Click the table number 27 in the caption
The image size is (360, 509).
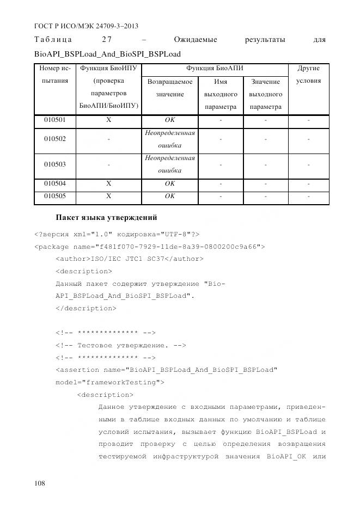pyautogui.click(x=107, y=40)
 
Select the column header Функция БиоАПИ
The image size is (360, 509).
pyautogui.click(x=215, y=69)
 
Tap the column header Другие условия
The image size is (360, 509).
pyautogui.click(x=308, y=75)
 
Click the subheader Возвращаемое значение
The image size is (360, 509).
pyautogui.click(x=170, y=88)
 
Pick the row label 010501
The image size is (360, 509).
pyautogui.click(x=54, y=119)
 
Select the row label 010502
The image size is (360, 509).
pyautogui.click(x=54, y=139)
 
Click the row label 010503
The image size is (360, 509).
pyautogui.click(x=54, y=164)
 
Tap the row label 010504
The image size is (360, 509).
pyautogui.click(x=54, y=183)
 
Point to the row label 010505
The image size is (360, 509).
pyautogui.click(x=54, y=196)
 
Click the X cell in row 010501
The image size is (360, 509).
pyautogui.click(x=109, y=119)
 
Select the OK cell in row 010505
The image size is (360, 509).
pyautogui.click(x=170, y=196)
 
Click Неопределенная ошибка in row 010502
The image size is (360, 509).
pyautogui.click(x=170, y=139)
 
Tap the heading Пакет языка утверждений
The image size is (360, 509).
pyautogui.click(x=107, y=218)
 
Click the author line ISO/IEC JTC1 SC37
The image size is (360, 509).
pyautogui.click(x=130, y=259)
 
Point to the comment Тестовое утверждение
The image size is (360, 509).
pyautogui.click(x=121, y=345)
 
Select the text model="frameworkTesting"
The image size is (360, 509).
pyautogui.click(x=110, y=382)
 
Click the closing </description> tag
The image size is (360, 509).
pyautogui.click(x=86, y=308)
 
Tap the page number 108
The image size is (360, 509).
pyautogui.click(x=40, y=483)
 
